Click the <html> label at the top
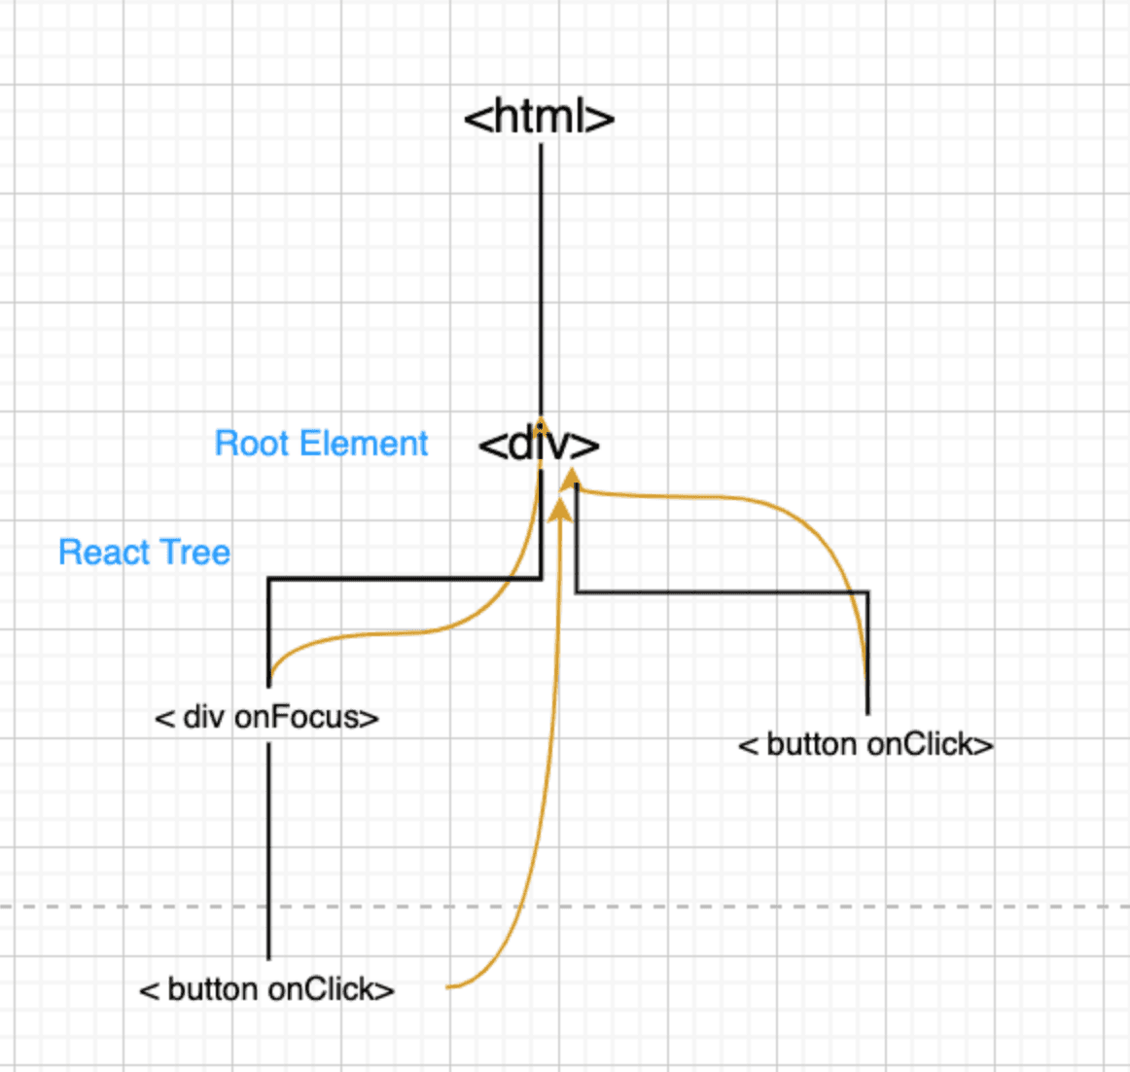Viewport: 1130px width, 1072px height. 539,118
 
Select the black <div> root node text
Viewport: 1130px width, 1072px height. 539,445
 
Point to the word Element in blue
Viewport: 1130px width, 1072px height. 364,444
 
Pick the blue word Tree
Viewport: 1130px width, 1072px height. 196,553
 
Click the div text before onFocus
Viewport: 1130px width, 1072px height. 203,718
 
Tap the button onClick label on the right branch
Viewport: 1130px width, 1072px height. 865,745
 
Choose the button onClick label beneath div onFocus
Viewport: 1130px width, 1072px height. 267,990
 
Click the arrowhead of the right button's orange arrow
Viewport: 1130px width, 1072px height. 573,476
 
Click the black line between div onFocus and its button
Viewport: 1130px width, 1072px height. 268,846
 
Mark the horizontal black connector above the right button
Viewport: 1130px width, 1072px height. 720,591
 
